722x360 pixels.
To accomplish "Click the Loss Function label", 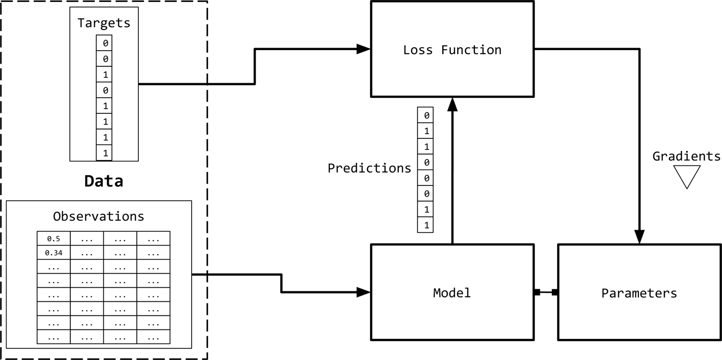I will (x=452, y=50).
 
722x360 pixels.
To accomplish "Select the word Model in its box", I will (x=452, y=293).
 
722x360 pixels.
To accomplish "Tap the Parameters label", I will (x=639, y=293).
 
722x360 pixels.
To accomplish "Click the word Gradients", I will (x=686, y=156).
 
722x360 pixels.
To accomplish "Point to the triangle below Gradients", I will (x=686, y=175).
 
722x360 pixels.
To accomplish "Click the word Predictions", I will (x=370, y=168).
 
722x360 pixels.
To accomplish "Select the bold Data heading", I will (x=103, y=181).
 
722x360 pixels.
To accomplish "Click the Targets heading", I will (x=104, y=23).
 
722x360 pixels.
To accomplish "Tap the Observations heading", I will (x=98, y=216).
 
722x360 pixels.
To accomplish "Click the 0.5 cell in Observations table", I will (x=54, y=239).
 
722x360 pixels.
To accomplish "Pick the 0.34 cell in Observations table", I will (x=54, y=253).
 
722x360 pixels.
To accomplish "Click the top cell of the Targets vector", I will (x=104, y=43).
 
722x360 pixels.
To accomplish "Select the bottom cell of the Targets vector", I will (x=104, y=153).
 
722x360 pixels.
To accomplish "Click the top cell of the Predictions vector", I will (x=426, y=115).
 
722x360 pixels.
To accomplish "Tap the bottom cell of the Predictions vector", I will (x=426, y=225).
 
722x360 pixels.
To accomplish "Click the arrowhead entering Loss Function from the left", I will (x=364, y=49).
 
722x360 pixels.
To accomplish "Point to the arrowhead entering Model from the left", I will (x=364, y=292).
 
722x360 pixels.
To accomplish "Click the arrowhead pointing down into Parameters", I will (x=639, y=237).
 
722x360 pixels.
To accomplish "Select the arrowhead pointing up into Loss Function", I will (x=452, y=104).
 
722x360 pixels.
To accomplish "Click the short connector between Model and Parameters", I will (x=546, y=292).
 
